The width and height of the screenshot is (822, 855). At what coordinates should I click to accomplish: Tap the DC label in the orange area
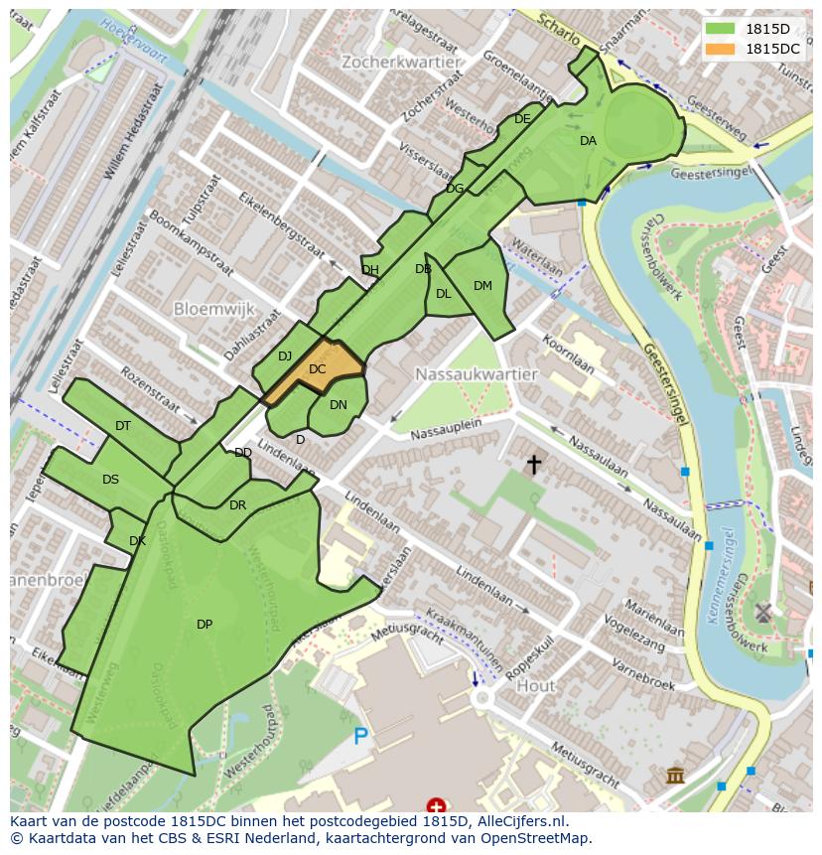click(x=318, y=369)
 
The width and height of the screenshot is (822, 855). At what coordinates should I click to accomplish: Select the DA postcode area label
click(x=588, y=141)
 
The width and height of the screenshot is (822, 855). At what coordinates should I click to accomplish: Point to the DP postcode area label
click(x=205, y=625)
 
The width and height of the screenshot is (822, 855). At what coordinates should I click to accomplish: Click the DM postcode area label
click(x=482, y=286)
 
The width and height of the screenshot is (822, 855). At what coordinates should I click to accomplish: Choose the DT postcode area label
click(x=123, y=426)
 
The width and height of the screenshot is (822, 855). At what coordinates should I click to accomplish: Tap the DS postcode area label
click(x=110, y=480)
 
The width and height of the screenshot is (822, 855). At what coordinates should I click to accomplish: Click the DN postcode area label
click(x=339, y=405)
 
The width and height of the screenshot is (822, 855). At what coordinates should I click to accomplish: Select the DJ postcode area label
click(x=285, y=356)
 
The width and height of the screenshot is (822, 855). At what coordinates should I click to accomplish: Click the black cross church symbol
click(x=534, y=464)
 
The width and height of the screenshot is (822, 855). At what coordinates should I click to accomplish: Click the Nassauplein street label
click(x=446, y=428)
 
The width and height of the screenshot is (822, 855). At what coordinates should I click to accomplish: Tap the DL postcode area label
click(x=443, y=294)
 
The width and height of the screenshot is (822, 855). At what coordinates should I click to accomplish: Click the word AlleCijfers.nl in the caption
click(x=516, y=821)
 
